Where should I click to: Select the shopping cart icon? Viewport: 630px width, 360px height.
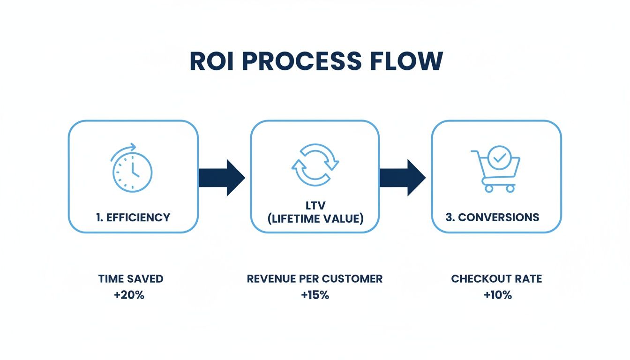click(496, 171)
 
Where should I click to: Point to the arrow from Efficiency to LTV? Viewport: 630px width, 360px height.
click(222, 178)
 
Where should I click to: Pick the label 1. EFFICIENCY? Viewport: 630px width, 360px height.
click(133, 217)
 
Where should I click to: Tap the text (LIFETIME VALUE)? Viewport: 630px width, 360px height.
click(315, 219)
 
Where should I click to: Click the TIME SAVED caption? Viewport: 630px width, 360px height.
click(131, 278)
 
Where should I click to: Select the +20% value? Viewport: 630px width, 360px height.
click(129, 296)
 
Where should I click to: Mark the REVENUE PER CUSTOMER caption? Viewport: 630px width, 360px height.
click(315, 278)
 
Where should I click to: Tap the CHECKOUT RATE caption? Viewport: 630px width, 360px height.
click(496, 278)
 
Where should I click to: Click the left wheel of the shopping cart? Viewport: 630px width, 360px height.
click(489, 188)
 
